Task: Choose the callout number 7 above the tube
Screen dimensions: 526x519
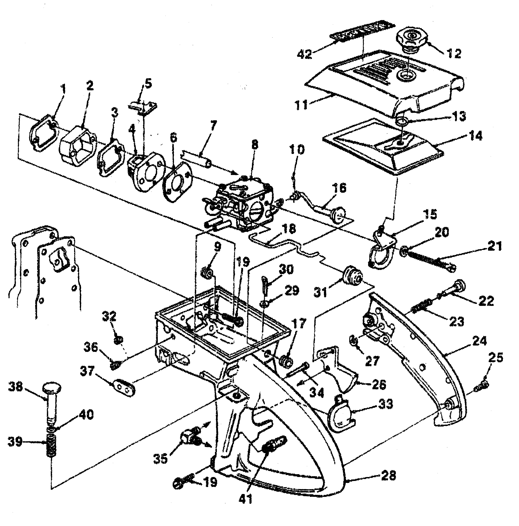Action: point(213,125)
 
